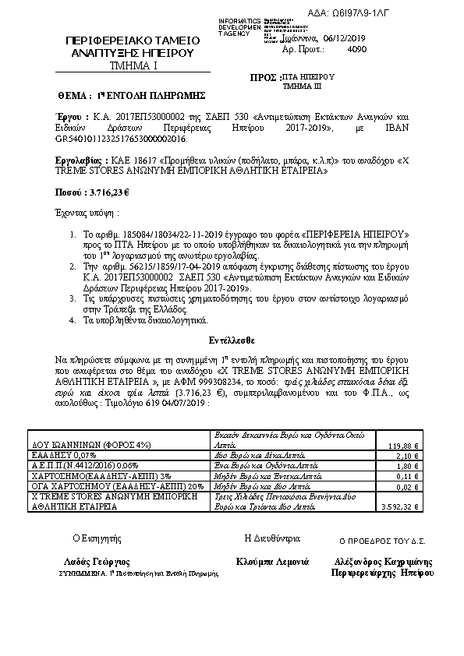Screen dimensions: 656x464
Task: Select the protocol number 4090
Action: point(355,48)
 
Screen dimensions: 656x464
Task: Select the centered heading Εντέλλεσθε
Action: point(232,340)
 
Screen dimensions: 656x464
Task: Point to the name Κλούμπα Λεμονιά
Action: point(272,561)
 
